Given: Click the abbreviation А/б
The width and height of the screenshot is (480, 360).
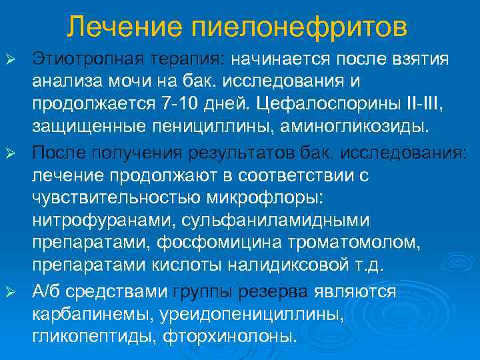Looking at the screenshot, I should pyautogui.click(x=47, y=292).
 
